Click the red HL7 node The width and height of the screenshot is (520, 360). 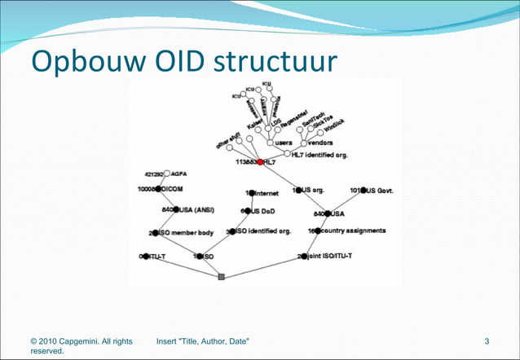(x=261, y=162)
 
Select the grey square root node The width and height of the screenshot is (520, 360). (x=221, y=277)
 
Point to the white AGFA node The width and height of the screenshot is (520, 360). (x=166, y=173)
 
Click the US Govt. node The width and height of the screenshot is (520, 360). (x=364, y=191)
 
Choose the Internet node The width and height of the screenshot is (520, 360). (x=252, y=193)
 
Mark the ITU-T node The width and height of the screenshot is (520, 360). (x=146, y=257)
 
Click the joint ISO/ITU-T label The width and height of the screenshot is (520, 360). (x=332, y=257)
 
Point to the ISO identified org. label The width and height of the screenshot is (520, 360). (x=264, y=231)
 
